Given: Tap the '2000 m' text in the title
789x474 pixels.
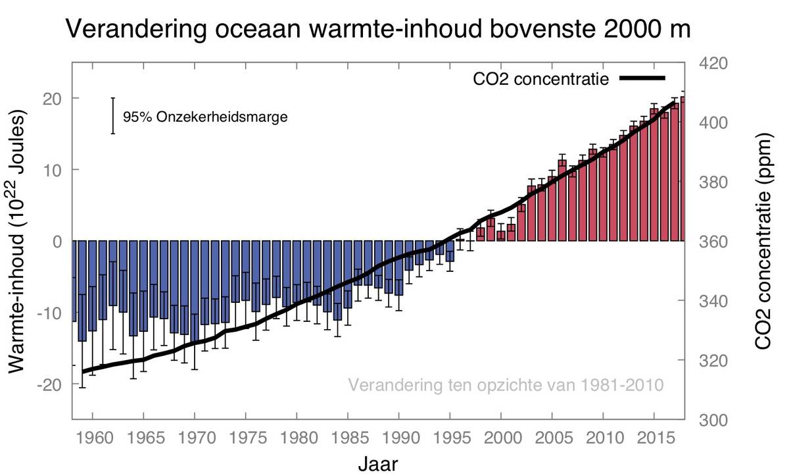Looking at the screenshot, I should click(x=647, y=30).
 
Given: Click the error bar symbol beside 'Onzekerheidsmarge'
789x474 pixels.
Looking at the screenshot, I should click(x=113, y=116).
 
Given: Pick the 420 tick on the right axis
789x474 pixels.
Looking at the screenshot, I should click(x=711, y=64).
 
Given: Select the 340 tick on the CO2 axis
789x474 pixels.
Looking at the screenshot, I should click(x=711, y=302).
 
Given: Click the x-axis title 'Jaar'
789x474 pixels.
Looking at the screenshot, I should click(x=378, y=463).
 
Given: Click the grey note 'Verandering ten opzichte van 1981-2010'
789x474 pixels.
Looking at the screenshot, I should click(x=506, y=384).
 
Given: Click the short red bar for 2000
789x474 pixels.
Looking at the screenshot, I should click(x=501, y=236).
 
